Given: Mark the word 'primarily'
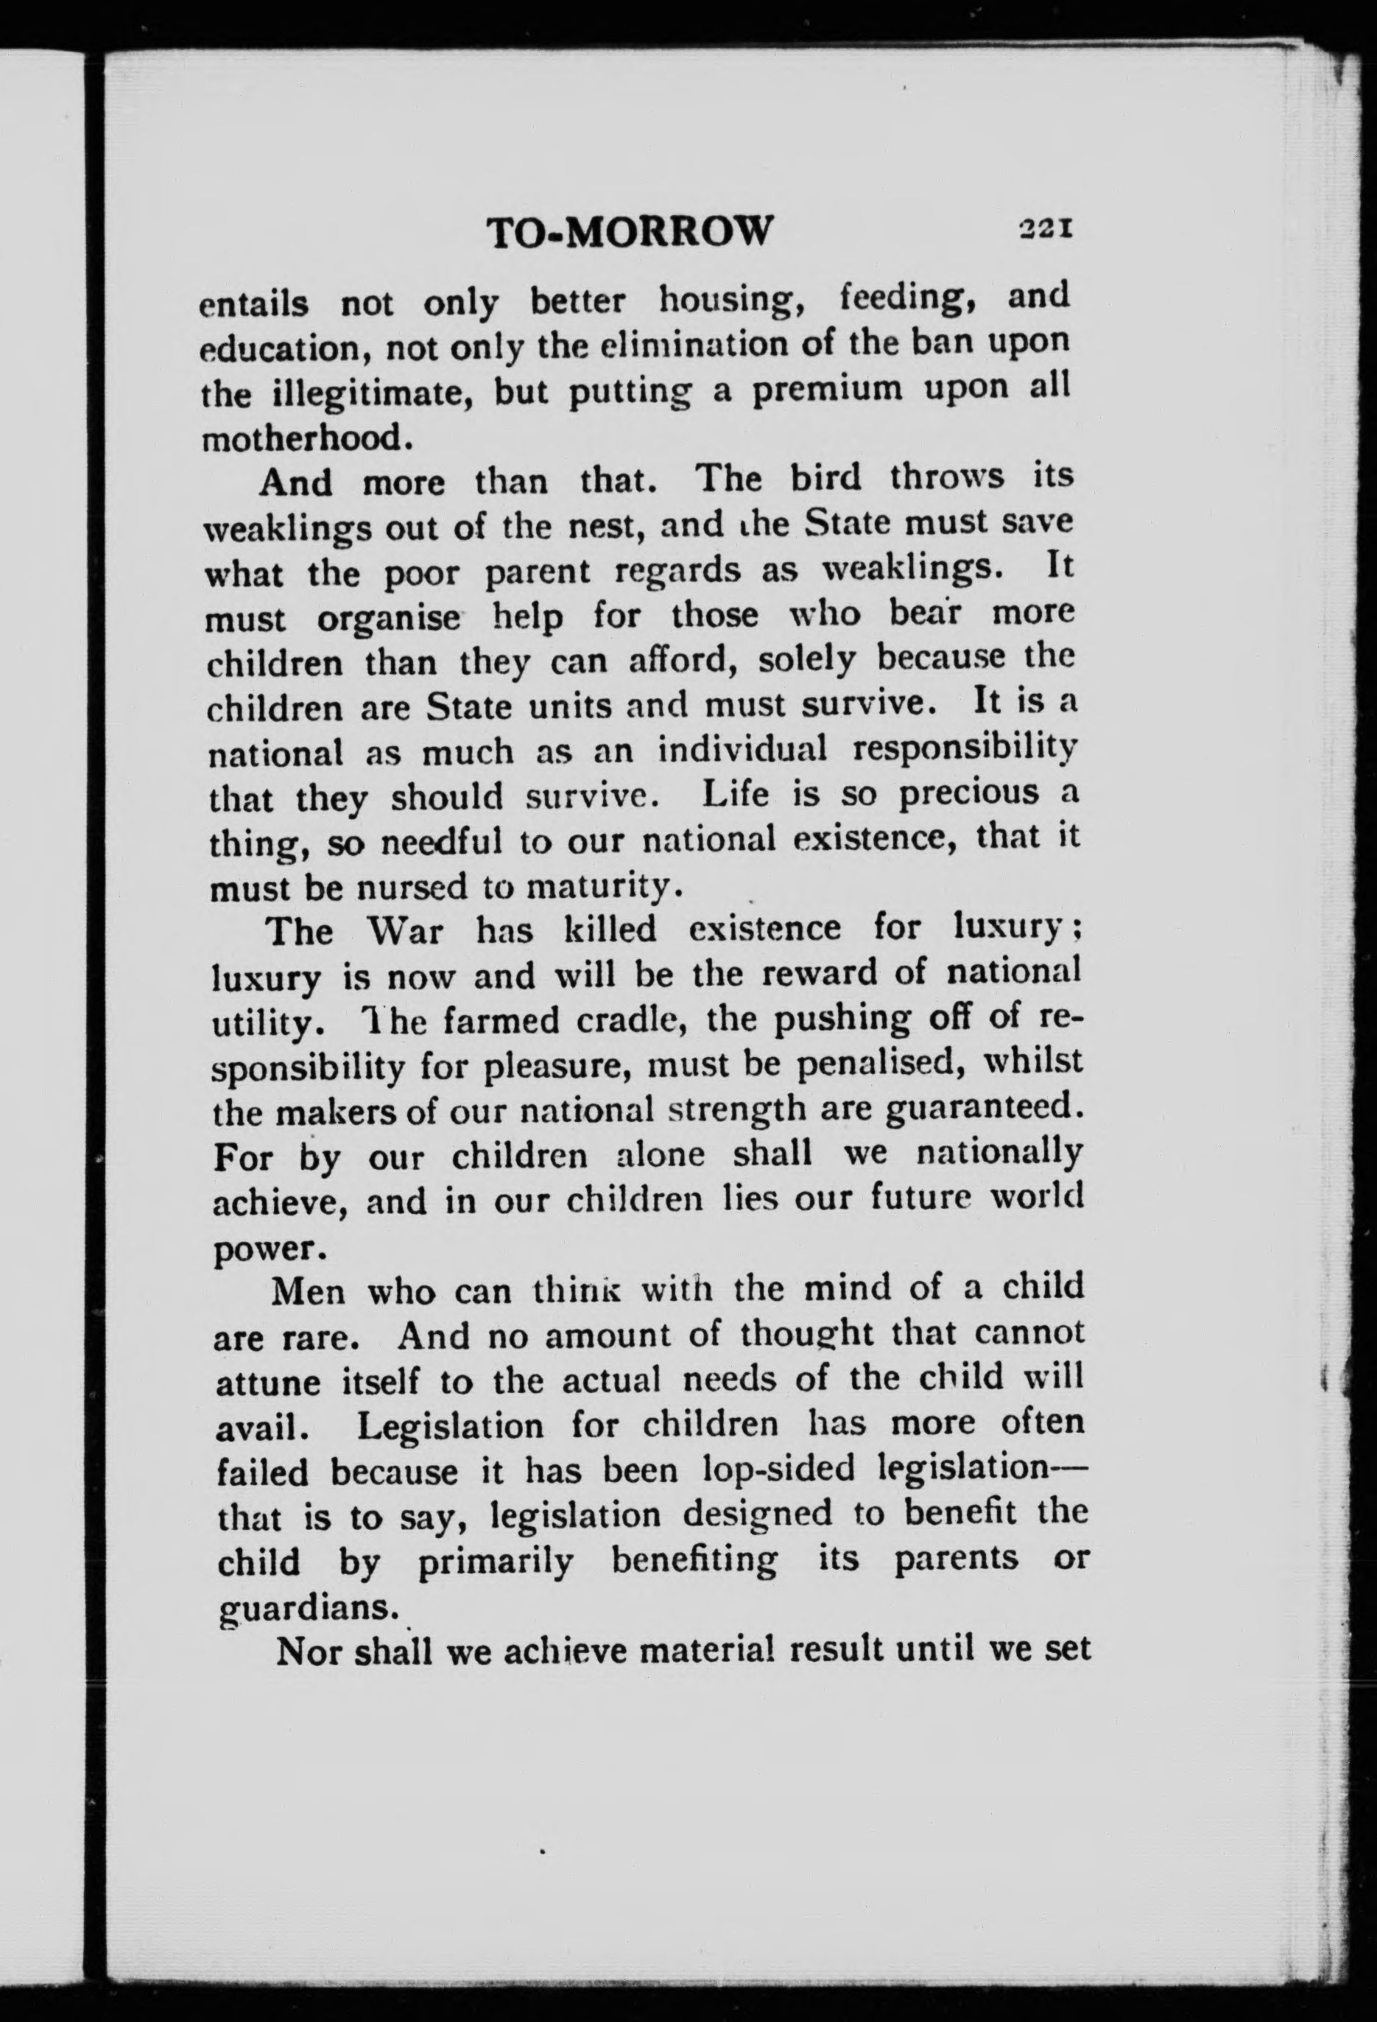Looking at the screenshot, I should pyautogui.click(x=495, y=1561).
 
